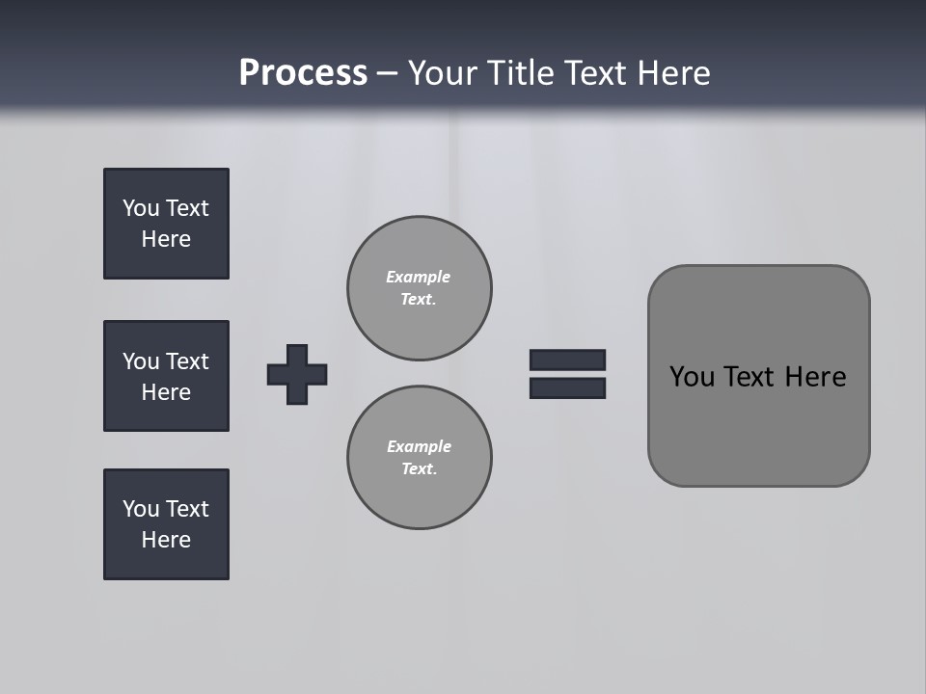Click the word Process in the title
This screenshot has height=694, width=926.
coord(303,73)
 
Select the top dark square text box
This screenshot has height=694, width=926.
coord(166,224)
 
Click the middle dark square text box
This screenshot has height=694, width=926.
coord(166,376)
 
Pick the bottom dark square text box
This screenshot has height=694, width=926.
coord(166,524)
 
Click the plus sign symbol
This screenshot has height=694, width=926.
coord(297,374)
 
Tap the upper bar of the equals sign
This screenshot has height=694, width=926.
coord(567,360)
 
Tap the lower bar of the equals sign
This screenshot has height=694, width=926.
coord(567,388)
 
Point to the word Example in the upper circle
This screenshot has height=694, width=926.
coord(419,277)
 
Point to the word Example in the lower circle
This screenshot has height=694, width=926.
coord(419,446)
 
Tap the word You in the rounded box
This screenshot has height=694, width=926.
coord(692,377)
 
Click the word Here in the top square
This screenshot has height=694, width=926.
coord(166,239)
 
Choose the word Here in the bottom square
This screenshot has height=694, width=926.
coord(166,540)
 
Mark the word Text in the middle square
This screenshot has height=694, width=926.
coord(187,361)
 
